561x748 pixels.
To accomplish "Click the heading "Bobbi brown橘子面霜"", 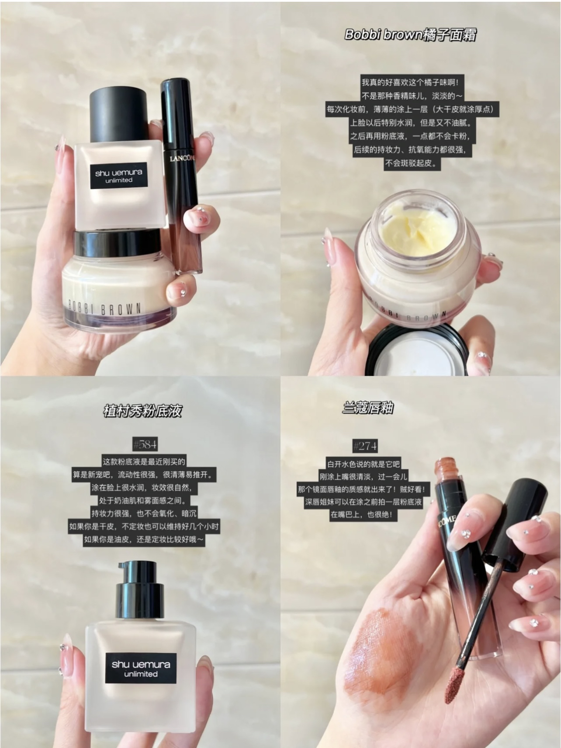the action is (x=410, y=35).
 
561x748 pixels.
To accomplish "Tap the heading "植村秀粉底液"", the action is (x=142, y=411).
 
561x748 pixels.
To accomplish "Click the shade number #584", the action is (x=145, y=445).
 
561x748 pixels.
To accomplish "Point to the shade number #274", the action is (x=365, y=446).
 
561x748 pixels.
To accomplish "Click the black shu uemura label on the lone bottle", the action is (x=141, y=668).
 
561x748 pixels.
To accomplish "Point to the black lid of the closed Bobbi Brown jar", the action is (x=117, y=241).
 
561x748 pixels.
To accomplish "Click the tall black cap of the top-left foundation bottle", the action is (x=118, y=115).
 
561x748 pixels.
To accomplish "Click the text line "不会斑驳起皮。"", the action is (x=411, y=164).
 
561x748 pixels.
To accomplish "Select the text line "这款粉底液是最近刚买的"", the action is (x=144, y=461).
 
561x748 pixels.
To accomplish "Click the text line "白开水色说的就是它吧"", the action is (x=364, y=464).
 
